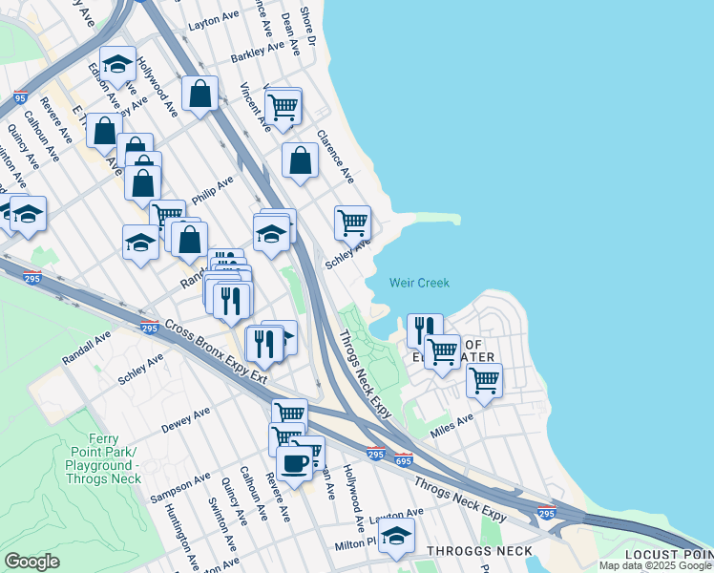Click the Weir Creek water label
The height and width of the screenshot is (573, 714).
(x=419, y=283)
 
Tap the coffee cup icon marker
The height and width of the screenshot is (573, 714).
(x=294, y=463)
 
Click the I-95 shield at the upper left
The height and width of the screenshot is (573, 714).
(x=20, y=97)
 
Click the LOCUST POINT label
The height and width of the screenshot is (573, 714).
(x=667, y=555)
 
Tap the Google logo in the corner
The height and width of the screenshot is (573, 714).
(x=31, y=562)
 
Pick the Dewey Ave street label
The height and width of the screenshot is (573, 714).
(x=185, y=420)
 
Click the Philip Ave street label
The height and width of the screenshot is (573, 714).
(x=212, y=188)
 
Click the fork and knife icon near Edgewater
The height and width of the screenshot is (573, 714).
(x=425, y=329)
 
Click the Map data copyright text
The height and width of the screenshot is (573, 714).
(x=655, y=565)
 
